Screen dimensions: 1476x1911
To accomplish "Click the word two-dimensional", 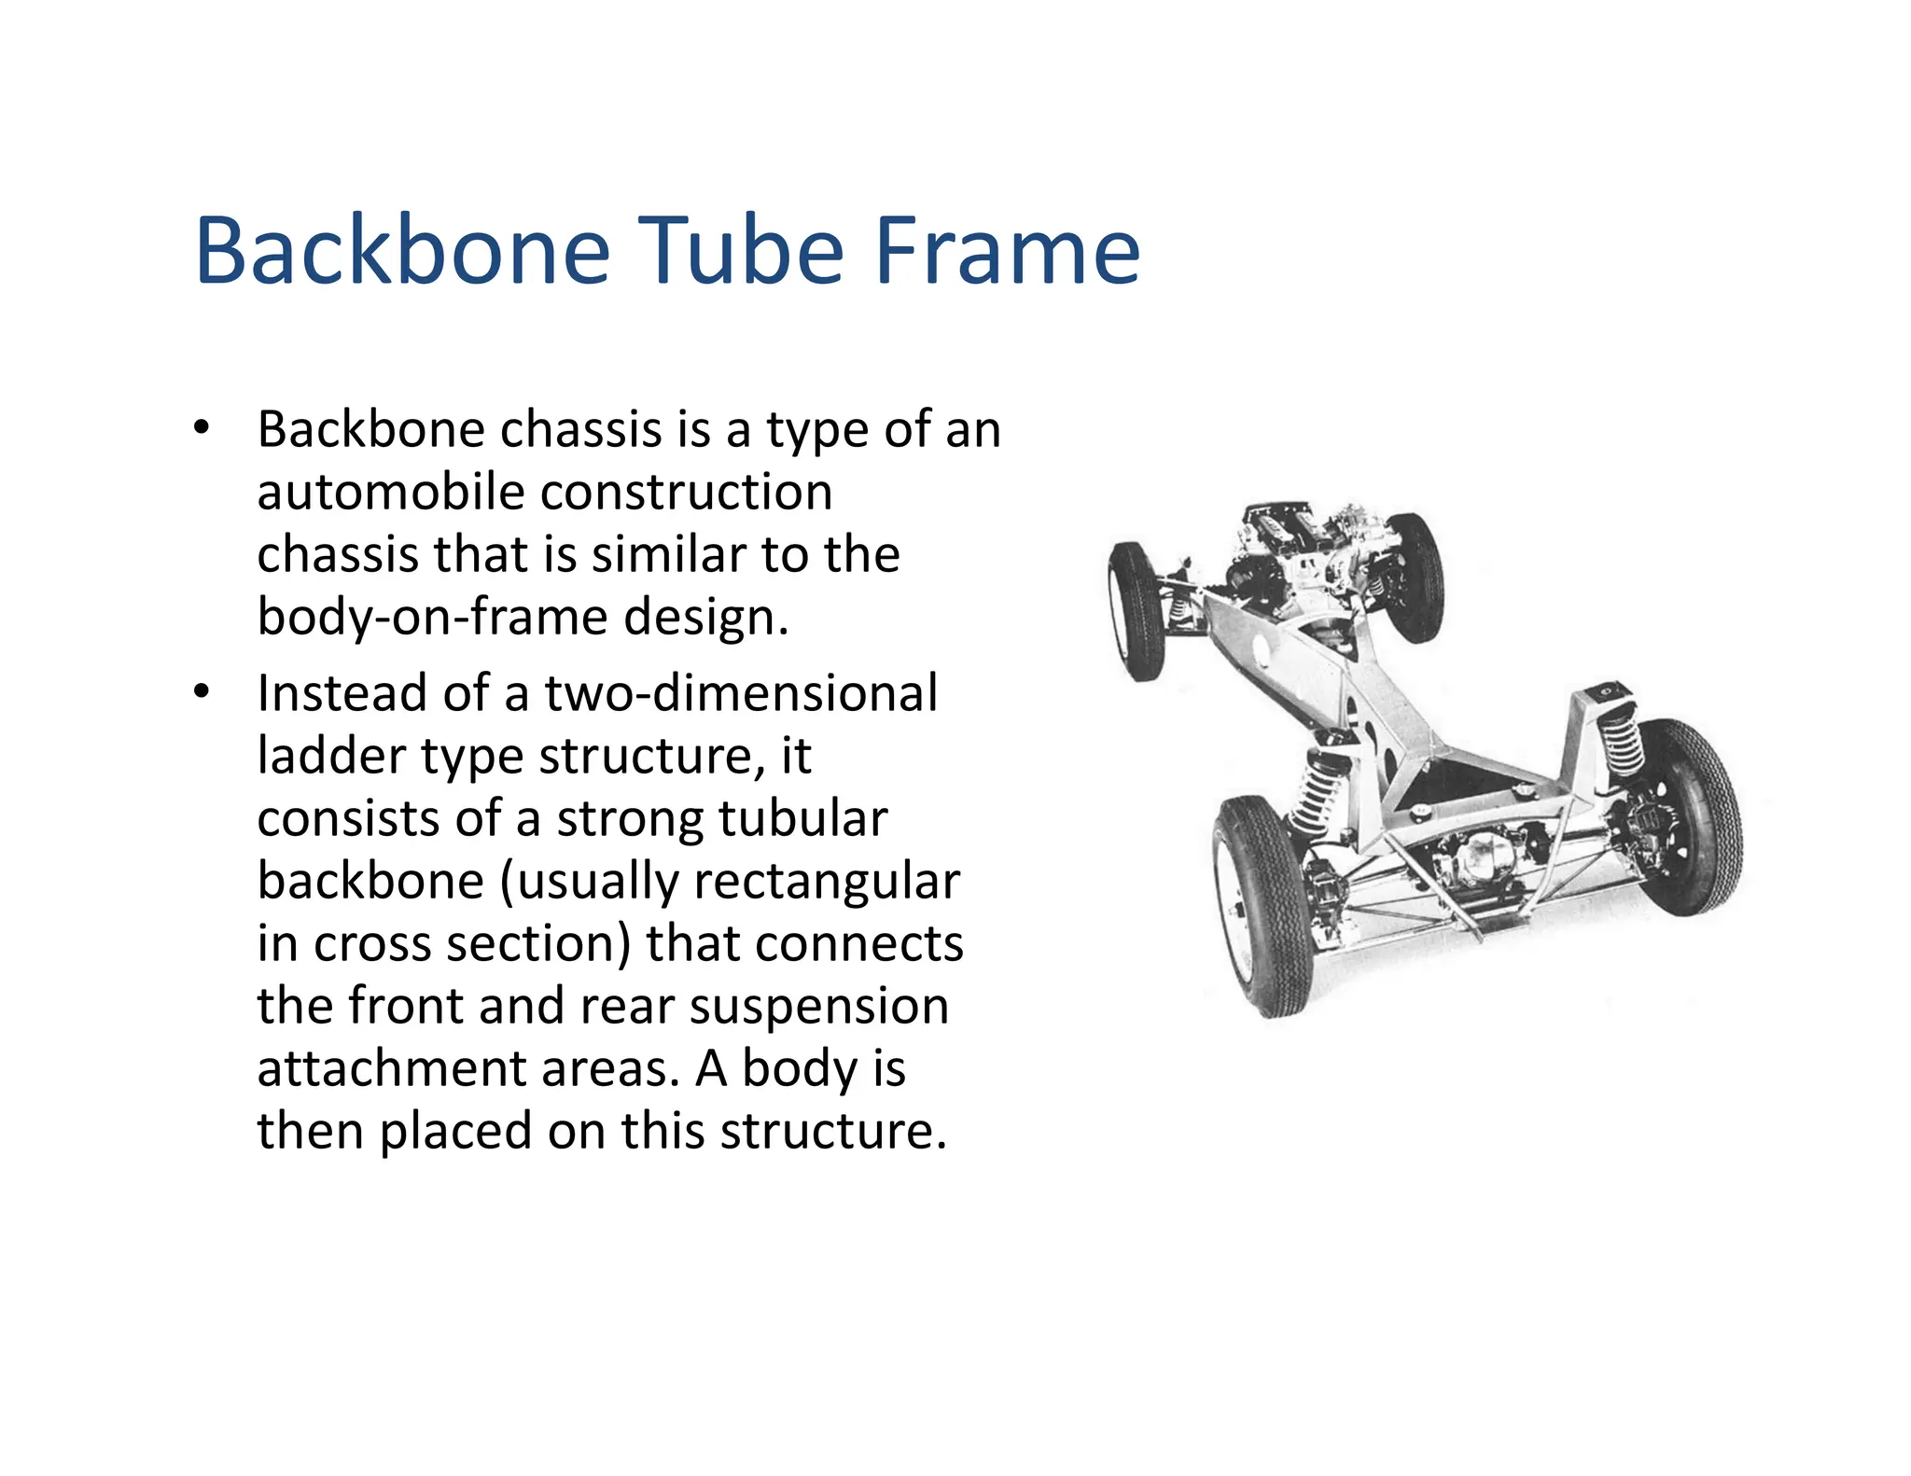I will (741, 693).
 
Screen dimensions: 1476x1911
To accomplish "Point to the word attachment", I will (390, 1068).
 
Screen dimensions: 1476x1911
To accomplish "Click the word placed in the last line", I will (455, 1131).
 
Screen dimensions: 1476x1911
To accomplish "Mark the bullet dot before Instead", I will (202, 693).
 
